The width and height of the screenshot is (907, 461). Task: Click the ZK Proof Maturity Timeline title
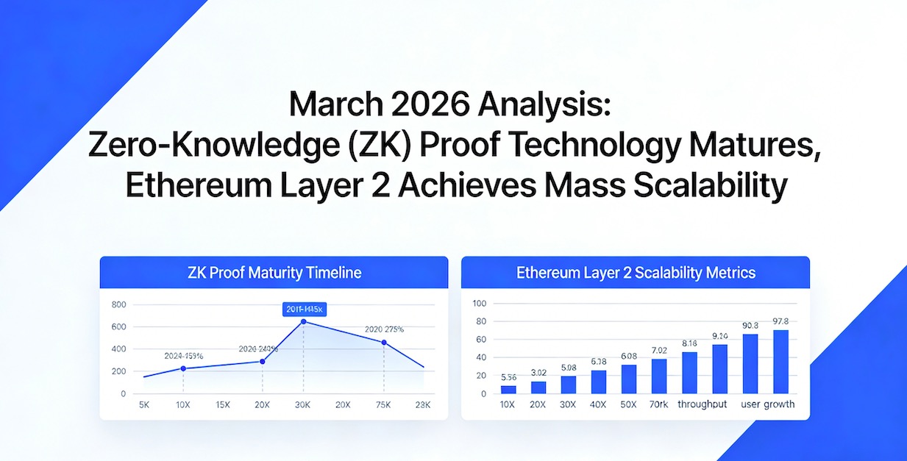(274, 273)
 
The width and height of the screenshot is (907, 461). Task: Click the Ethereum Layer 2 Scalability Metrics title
(636, 273)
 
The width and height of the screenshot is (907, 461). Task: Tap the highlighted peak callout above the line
(304, 310)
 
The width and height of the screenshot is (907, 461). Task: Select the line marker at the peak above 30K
(304, 322)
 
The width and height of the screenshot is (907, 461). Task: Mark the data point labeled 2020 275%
(384, 343)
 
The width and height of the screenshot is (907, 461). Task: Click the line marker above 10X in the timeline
(183, 368)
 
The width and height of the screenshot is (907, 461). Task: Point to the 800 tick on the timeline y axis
(119, 304)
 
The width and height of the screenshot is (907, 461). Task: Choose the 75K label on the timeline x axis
(384, 405)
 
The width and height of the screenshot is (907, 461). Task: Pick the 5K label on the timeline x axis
(144, 405)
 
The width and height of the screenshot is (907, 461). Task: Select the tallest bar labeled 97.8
(780, 362)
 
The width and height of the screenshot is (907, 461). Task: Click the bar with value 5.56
(508, 390)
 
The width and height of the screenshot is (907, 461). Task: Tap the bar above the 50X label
(629, 379)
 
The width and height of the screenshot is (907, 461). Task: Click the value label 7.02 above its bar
(658, 350)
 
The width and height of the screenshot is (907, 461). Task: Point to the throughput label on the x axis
(703, 405)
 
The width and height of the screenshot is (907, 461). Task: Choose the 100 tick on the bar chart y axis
(480, 303)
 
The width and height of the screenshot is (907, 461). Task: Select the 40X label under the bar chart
(598, 405)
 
